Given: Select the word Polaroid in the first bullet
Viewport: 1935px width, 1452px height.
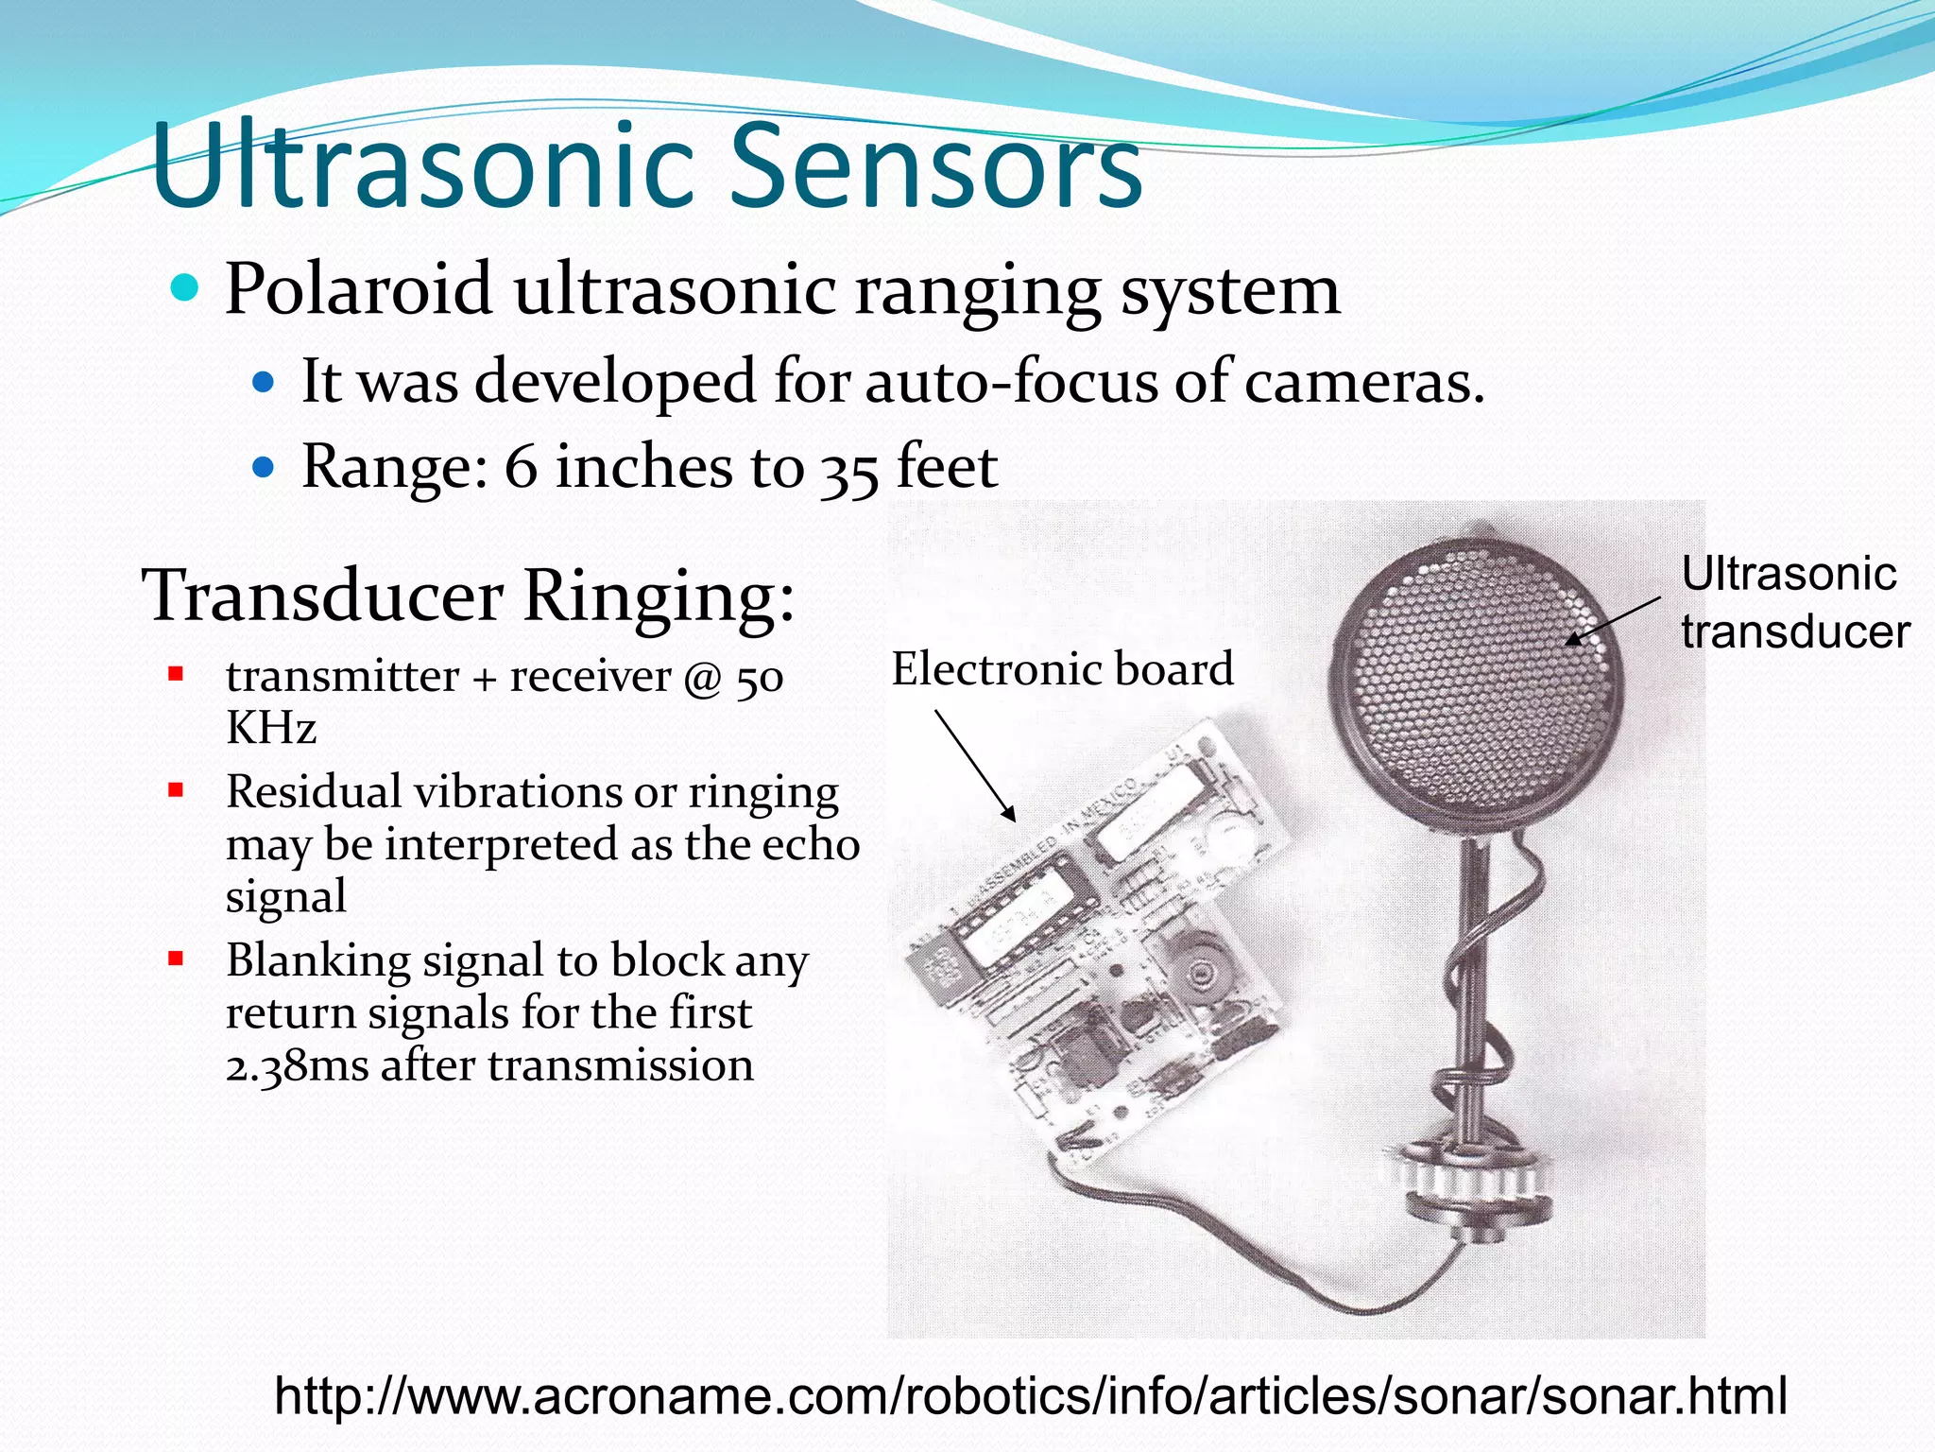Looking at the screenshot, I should click(x=358, y=289).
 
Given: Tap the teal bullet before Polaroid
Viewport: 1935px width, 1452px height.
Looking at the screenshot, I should click(x=186, y=288).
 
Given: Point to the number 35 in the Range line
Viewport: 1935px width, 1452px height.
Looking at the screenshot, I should click(x=848, y=470).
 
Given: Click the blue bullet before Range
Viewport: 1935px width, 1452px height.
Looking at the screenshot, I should click(x=264, y=467).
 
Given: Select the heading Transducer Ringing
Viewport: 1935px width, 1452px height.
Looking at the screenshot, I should click(x=468, y=596).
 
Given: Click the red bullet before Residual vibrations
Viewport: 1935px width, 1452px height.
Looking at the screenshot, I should click(x=175, y=790).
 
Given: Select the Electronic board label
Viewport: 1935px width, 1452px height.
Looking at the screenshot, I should click(x=1062, y=669).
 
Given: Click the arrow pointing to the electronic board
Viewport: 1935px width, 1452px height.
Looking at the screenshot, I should click(x=975, y=766).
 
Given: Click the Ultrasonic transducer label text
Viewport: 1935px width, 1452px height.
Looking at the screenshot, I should click(x=1792, y=602).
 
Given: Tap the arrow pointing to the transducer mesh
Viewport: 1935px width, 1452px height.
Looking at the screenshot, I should click(x=1612, y=621).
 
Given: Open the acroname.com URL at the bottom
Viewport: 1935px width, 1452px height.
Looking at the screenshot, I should click(x=1030, y=1396).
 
